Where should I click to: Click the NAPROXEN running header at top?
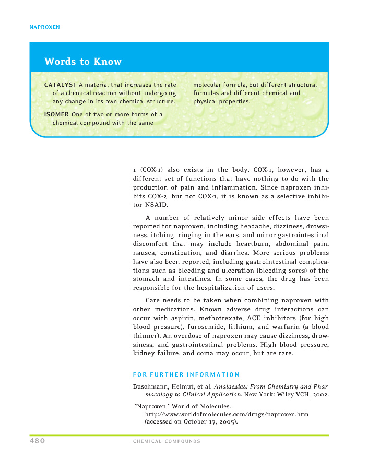[x=44, y=27]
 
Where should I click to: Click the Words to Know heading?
[x=83, y=62]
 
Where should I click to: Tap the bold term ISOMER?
[x=56, y=114]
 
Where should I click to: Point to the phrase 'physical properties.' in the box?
[x=222, y=101]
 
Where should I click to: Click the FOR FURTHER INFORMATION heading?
[x=186, y=374]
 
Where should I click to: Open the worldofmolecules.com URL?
[x=227, y=414]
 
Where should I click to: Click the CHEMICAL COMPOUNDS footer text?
[x=167, y=442]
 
